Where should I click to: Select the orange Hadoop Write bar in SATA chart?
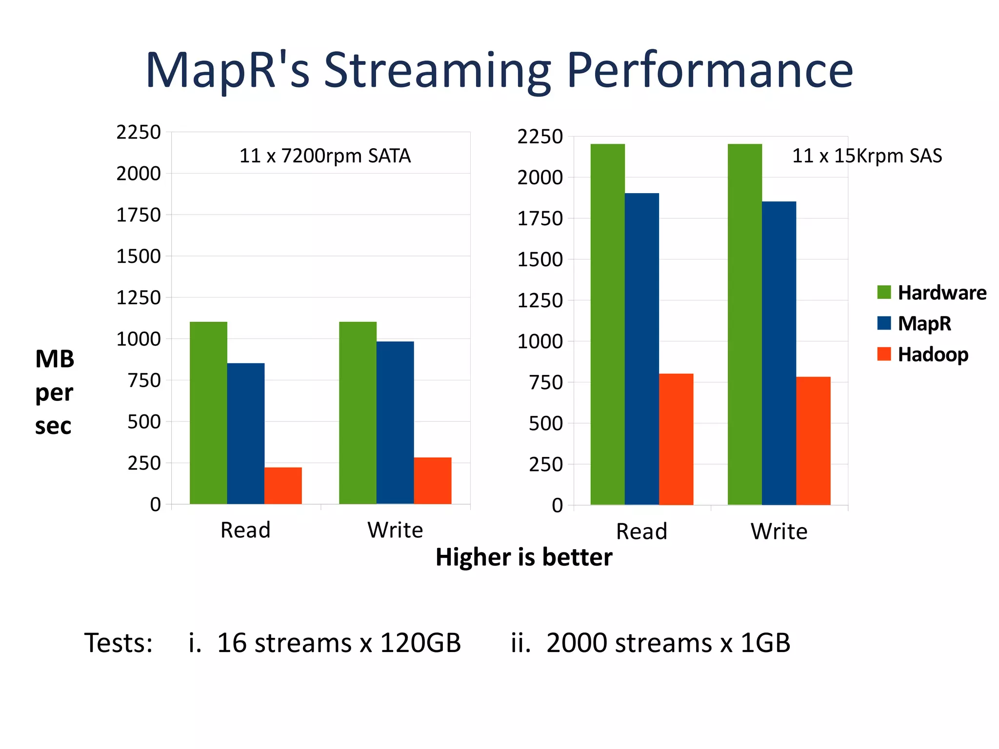pos(433,480)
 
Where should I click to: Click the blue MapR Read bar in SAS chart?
pos(641,349)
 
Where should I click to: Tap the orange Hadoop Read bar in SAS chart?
pos(676,439)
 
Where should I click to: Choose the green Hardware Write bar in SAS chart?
pos(745,324)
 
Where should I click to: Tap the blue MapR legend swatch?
pos(884,323)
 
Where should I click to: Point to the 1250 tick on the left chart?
pos(138,297)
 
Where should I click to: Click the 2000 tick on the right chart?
pos(540,177)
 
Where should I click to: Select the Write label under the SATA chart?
pos(395,530)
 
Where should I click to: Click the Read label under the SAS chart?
pos(641,532)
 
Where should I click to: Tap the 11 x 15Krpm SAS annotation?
pos(867,156)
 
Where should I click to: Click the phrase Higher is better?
pos(523,557)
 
